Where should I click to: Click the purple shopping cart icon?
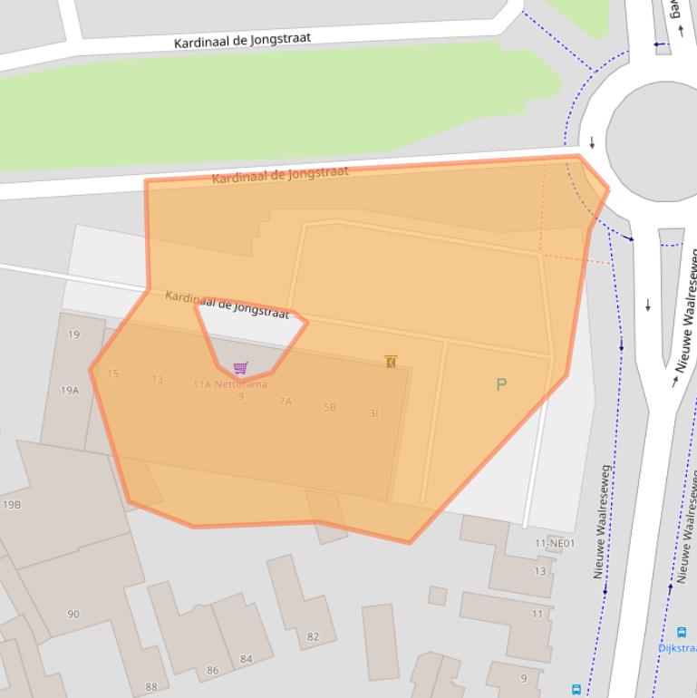click(240, 367)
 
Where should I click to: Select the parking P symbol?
click(501, 384)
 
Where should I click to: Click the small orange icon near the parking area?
click(391, 362)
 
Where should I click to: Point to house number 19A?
click(70, 391)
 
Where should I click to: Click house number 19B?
click(12, 505)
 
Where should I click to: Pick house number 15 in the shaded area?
click(112, 373)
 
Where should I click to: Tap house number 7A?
click(286, 402)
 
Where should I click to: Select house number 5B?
click(330, 408)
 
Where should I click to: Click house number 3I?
click(373, 413)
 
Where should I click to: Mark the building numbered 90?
click(73, 614)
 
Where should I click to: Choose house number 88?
click(150, 686)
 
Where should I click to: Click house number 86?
click(212, 671)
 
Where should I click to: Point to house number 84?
click(246, 659)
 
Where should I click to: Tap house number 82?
click(313, 636)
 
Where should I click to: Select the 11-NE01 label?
click(555, 544)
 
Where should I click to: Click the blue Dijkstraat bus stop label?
click(678, 648)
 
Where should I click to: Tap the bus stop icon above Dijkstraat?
click(681, 633)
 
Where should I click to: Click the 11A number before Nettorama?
click(201, 384)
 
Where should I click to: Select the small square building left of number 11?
click(438, 596)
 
